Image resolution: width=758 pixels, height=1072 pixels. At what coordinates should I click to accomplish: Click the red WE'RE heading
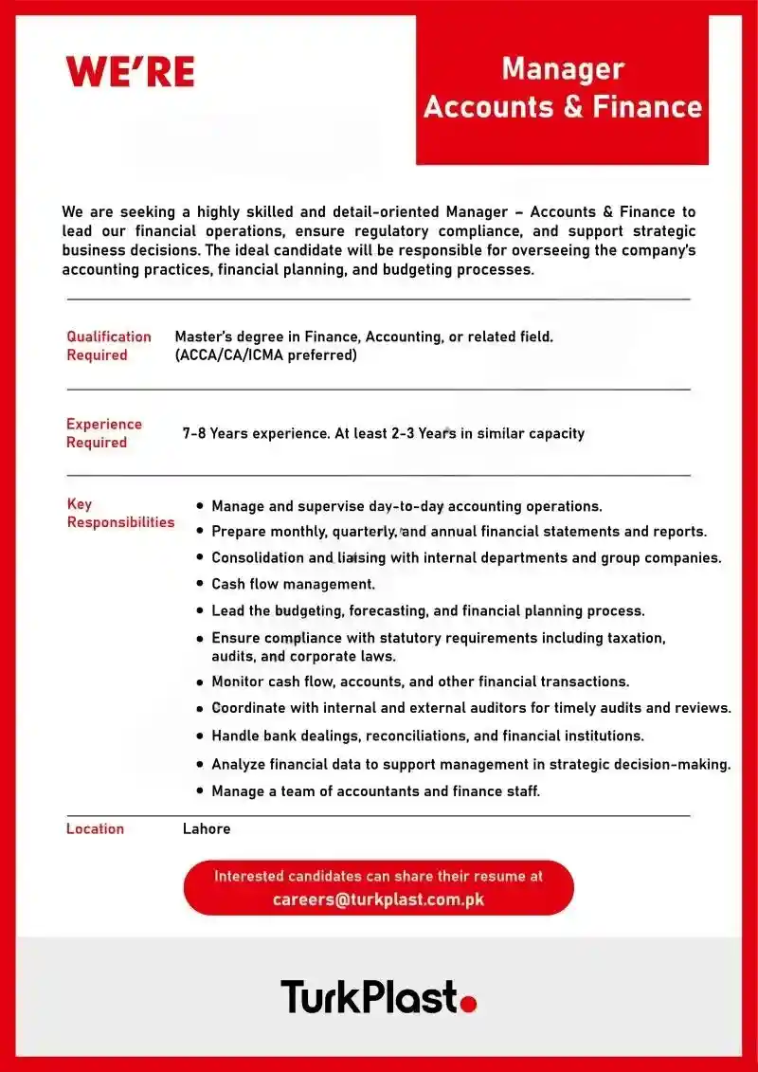tap(130, 72)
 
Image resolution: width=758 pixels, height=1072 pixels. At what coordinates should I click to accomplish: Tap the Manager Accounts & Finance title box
tap(562, 88)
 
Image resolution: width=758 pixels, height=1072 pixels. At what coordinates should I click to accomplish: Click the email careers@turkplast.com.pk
tap(378, 899)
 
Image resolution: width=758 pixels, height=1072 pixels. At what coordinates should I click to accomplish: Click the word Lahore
tap(207, 828)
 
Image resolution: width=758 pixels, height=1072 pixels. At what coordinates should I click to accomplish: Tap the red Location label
tap(95, 828)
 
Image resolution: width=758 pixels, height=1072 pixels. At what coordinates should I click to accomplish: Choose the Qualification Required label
tap(108, 346)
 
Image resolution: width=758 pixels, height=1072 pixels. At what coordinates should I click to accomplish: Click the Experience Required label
tap(103, 433)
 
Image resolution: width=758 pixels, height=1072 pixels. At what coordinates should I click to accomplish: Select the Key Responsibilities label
tap(119, 513)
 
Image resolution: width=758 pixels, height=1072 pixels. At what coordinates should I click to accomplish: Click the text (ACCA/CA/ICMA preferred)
tap(265, 355)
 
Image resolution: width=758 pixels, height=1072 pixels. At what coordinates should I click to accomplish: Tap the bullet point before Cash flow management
tap(200, 585)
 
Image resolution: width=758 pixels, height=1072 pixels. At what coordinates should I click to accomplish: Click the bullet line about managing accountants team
tap(375, 790)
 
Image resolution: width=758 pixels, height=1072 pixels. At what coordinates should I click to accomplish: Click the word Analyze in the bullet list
tap(238, 764)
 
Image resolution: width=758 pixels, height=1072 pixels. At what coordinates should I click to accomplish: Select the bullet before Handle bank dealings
tap(200, 736)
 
